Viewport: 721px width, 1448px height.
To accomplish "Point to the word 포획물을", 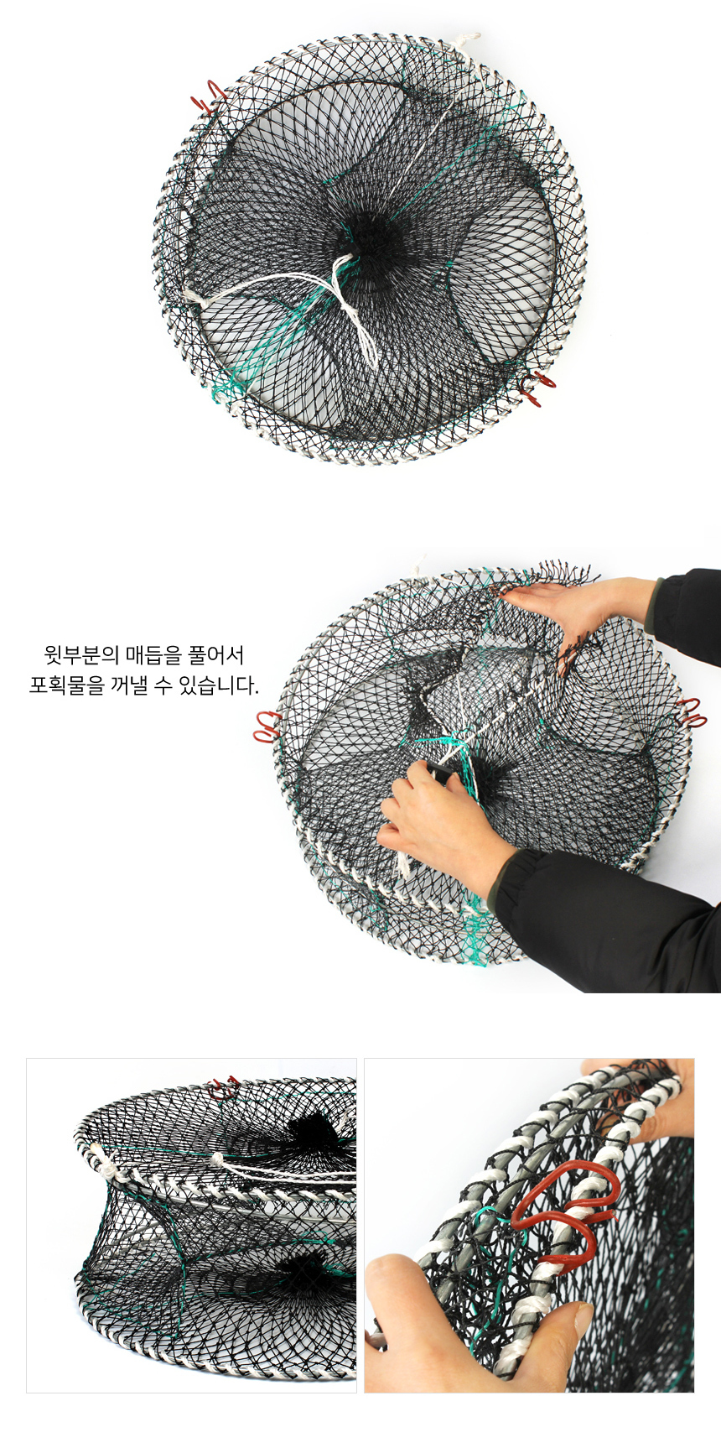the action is pyautogui.click(x=65, y=685).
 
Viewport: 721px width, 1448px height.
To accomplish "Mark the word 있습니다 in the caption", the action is pyautogui.click(x=218, y=685).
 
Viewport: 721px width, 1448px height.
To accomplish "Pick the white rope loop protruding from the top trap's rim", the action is pyautogui.click(x=466, y=40).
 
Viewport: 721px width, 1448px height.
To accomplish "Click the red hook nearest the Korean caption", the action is pyautogui.click(x=267, y=727).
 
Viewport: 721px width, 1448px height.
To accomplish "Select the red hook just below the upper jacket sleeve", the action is pyautogui.click(x=691, y=712).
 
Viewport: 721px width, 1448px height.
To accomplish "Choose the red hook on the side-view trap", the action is pyautogui.click(x=225, y=1088).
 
